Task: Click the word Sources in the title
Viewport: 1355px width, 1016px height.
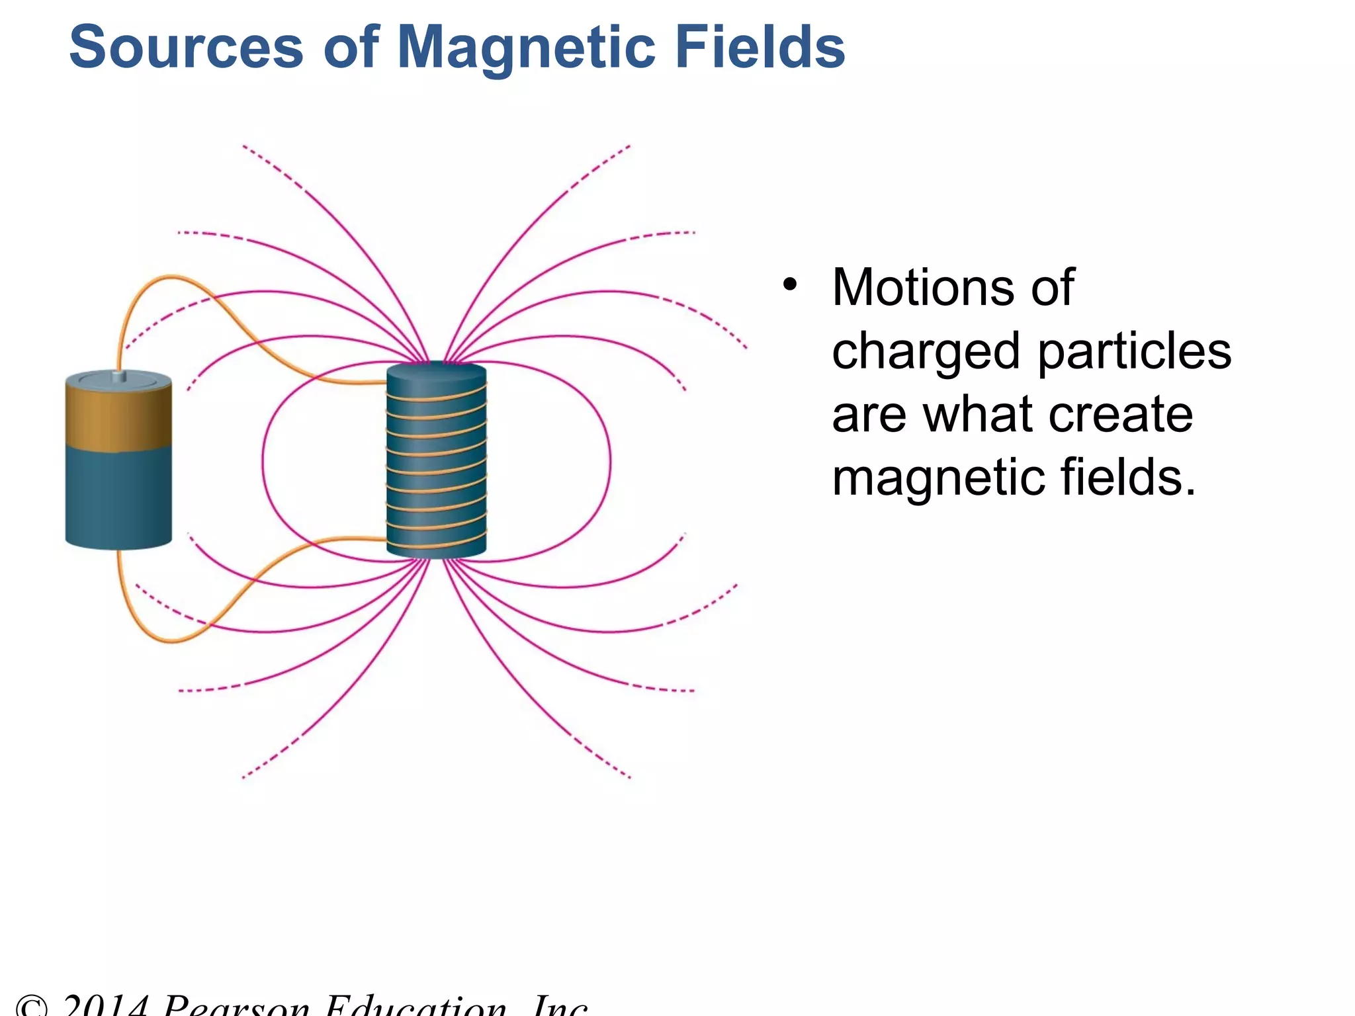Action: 186,47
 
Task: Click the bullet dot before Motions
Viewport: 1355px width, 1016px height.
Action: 789,285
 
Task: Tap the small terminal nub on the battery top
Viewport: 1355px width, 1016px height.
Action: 119,376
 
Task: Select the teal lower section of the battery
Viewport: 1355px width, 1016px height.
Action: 119,496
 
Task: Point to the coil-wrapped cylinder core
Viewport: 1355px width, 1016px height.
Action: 437,463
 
